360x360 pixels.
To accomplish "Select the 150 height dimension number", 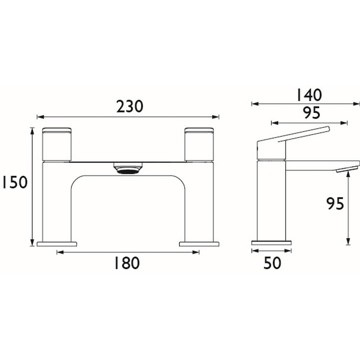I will click(x=14, y=183).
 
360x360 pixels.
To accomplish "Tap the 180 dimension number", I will click(x=127, y=264).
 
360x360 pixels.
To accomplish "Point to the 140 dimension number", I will click(x=308, y=95).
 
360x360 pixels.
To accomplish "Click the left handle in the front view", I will click(x=57, y=144).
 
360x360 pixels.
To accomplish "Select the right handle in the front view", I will click(x=199, y=144).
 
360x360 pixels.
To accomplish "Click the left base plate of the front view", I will click(x=57, y=244).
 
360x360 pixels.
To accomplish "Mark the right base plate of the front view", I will click(x=199, y=244).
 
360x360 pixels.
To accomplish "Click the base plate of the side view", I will click(x=271, y=242).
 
